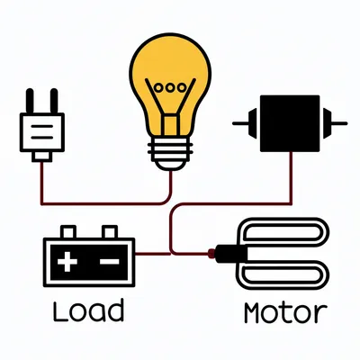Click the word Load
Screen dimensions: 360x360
[x=87, y=310]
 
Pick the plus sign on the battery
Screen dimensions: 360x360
[x=67, y=262]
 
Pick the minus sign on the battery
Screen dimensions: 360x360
[x=109, y=262]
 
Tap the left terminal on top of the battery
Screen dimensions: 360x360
[x=66, y=232]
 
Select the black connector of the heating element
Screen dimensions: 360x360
[x=224, y=255]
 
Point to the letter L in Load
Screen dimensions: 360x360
[x=58, y=310]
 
